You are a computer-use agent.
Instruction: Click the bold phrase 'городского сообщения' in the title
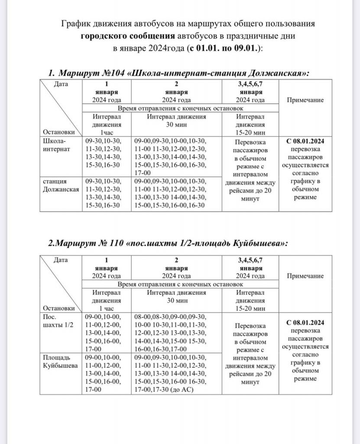click(128, 35)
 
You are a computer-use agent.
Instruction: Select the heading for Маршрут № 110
click(168, 243)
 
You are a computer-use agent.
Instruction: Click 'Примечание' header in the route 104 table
click(305, 100)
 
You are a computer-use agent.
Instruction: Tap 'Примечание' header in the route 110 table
click(305, 275)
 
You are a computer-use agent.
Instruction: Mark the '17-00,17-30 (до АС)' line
click(164, 389)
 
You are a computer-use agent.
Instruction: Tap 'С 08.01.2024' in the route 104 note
click(306, 142)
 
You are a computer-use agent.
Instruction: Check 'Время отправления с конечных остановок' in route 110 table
click(179, 284)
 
